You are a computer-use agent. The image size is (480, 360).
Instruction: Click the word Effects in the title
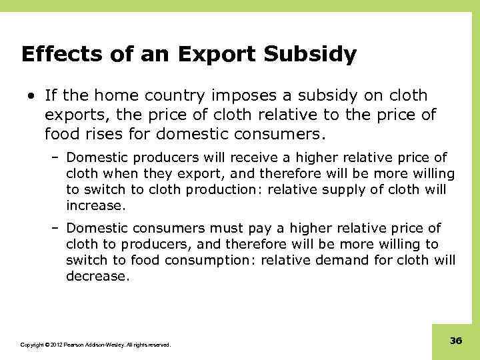tap(58, 54)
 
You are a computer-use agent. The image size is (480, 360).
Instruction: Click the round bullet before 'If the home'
tap(31, 96)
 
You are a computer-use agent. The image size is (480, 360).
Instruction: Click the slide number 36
tap(456, 341)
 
